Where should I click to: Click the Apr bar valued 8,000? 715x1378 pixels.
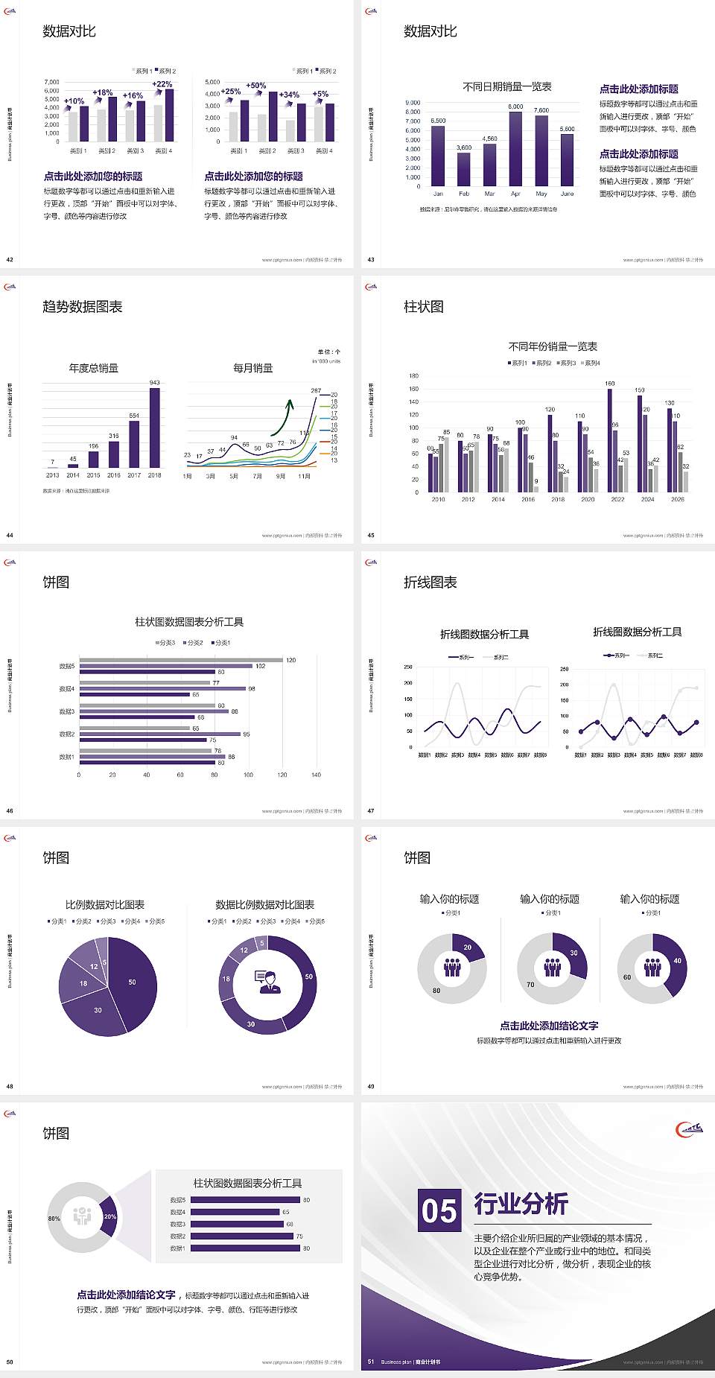(x=515, y=149)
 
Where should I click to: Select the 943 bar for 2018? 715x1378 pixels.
(x=154, y=428)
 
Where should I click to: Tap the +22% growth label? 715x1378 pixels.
(x=162, y=84)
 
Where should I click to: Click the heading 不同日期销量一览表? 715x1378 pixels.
(x=506, y=87)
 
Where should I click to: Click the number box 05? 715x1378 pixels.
(x=439, y=1210)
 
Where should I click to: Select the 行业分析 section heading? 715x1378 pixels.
(x=521, y=1204)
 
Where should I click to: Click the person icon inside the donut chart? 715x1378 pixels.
(x=267, y=982)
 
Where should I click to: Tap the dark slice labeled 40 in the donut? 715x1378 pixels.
(x=675, y=965)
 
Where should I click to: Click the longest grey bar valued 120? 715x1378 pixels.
(x=181, y=660)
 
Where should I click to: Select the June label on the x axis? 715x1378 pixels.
(x=567, y=194)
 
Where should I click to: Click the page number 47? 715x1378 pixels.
(x=371, y=811)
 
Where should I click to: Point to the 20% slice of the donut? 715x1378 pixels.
(x=109, y=1216)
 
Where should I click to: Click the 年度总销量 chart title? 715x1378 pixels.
(x=94, y=368)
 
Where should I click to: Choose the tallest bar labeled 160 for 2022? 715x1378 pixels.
(x=610, y=439)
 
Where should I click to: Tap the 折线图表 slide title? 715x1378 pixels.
(x=430, y=582)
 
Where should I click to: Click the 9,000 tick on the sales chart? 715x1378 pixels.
(x=413, y=103)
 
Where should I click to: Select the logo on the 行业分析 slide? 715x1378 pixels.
(x=689, y=1129)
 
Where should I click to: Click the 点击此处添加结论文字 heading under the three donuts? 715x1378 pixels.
(x=549, y=1026)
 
